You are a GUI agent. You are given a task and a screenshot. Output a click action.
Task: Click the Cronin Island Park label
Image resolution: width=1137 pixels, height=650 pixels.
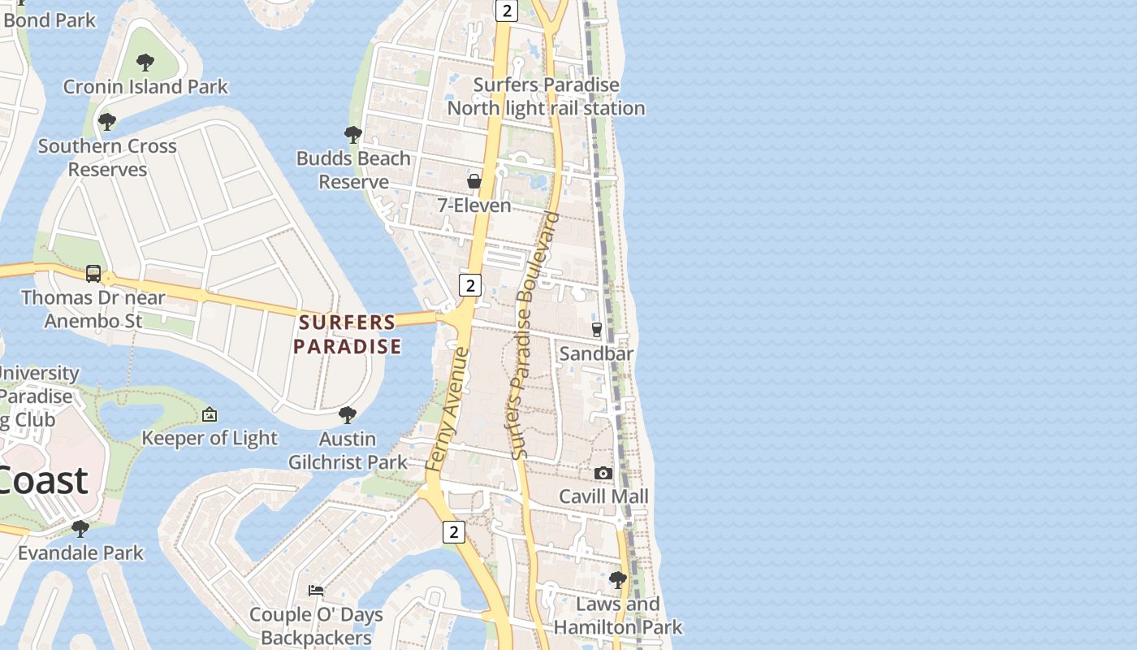point(145,86)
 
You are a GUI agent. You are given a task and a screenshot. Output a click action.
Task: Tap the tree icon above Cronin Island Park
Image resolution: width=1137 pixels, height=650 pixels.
point(145,62)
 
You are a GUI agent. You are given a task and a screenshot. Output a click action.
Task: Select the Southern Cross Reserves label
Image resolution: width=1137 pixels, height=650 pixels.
point(107,158)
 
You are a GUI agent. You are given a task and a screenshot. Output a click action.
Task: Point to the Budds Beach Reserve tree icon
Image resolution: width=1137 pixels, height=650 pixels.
point(352,134)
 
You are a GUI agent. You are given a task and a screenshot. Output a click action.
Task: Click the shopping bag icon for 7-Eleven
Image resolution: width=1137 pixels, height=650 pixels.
point(474,181)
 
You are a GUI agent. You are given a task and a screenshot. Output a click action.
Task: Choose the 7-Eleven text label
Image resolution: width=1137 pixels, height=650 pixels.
point(474,206)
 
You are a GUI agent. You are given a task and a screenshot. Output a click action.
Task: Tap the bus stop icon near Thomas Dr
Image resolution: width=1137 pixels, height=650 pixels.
point(93,274)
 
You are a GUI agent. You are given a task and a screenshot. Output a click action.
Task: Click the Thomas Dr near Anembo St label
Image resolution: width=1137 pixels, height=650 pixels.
point(93,309)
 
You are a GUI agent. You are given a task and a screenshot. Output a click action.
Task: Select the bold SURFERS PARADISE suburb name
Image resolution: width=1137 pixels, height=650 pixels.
point(348,334)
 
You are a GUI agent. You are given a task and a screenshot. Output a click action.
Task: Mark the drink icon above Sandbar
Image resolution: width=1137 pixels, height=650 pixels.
point(597,329)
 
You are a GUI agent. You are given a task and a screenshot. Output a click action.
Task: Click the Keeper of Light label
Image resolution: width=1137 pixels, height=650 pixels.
point(210,439)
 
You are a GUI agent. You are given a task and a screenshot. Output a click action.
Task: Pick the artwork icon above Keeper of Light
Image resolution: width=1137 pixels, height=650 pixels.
point(210,414)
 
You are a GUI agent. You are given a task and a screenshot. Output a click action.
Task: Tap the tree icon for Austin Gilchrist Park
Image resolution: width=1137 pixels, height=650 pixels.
point(348,415)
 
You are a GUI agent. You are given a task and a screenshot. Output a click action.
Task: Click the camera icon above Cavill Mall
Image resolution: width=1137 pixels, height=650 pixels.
point(603,473)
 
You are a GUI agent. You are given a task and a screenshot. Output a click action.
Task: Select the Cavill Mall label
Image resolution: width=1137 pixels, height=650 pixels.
point(603,496)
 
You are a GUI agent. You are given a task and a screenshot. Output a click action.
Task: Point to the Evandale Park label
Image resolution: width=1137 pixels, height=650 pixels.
point(80,553)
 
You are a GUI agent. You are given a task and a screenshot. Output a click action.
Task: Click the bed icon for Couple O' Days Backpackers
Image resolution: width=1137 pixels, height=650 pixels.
point(316,591)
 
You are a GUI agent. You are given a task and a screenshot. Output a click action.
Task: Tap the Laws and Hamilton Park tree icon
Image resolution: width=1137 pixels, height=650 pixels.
point(618,580)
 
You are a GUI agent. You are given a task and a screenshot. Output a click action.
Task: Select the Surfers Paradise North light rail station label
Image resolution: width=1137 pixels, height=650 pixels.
point(547,97)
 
